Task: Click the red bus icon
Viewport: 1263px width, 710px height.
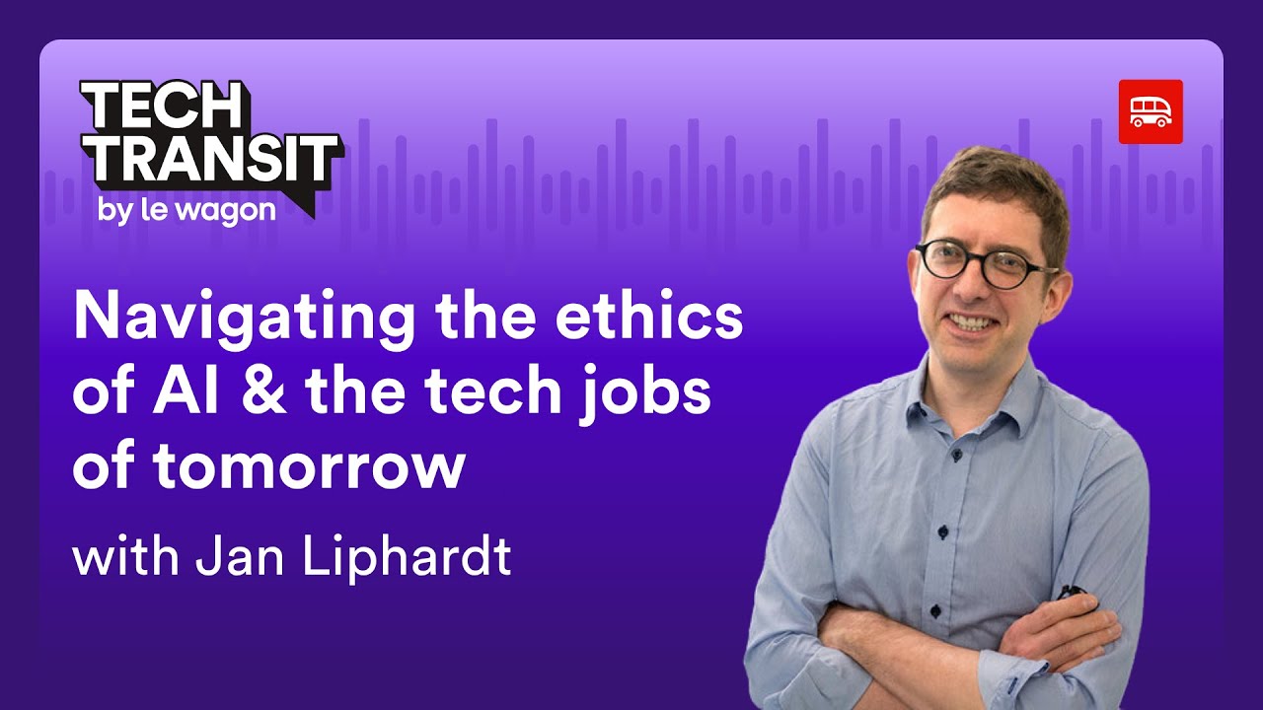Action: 1151,111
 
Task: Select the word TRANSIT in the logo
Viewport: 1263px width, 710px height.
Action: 210,157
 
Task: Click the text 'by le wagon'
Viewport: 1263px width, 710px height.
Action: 186,210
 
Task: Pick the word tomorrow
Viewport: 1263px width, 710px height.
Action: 309,466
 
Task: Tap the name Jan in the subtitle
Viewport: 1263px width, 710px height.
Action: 235,556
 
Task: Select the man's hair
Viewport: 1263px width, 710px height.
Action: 997,187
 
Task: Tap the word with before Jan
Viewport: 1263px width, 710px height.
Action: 126,556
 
